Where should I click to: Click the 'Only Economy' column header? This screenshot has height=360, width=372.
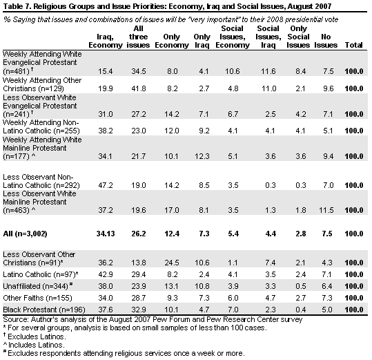172,41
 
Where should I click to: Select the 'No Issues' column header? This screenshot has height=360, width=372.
326,41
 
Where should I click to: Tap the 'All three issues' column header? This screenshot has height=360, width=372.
138,37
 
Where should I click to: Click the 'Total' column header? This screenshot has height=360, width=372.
353,45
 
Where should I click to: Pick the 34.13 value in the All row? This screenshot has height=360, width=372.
106,234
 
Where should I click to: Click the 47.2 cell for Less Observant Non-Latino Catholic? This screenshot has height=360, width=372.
106,185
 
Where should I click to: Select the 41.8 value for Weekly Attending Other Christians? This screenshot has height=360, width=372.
139,88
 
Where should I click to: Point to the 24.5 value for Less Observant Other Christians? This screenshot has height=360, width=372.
172,263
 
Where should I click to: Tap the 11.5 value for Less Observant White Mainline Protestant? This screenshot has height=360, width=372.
326,210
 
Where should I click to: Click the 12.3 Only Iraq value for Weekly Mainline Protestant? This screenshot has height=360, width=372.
202,156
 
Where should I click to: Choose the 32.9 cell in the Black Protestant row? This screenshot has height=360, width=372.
139,310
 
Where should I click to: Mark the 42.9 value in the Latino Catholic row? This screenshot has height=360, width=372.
106,274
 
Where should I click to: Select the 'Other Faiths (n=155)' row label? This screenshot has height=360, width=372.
37,298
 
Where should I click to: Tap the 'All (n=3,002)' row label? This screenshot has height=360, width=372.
25,234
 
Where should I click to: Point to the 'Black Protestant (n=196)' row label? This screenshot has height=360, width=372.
44,310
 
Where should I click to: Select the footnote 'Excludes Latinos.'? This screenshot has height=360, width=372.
37,337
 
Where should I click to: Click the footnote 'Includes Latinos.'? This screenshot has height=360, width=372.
37,345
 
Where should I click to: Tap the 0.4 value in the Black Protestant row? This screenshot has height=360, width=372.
301,310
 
